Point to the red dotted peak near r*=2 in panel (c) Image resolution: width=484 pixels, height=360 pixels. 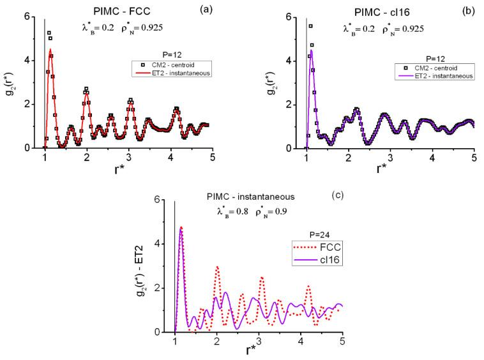217,267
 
